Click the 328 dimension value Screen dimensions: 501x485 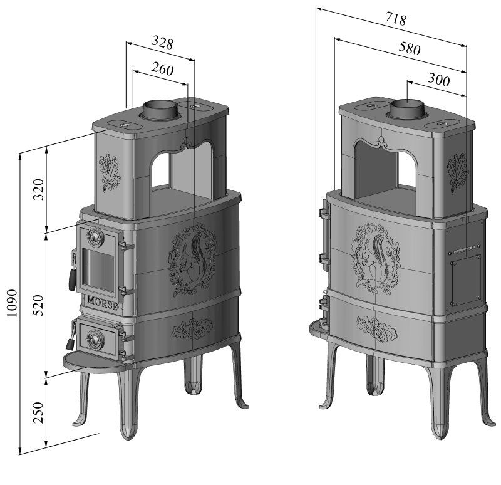[x=162, y=43]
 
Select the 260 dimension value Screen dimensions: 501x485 [x=163, y=69]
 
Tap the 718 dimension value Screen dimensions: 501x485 [x=396, y=19]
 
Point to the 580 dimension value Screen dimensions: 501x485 [x=410, y=48]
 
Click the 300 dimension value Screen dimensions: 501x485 [x=439, y=80]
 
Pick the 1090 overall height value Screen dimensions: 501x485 [x=11, y=303]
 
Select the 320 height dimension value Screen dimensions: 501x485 [x=38, y=189]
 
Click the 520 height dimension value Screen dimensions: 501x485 [x=38, y=305]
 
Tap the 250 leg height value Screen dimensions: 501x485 [x=38, y=412]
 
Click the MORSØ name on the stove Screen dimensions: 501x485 [x=103, y=303]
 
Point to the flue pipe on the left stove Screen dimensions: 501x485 [x=160, y=110]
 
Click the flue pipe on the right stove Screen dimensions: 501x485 [x=406, y=109]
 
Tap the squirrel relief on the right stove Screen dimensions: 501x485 [x=376, y=258]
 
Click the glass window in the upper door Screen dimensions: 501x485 [x=98, y=269]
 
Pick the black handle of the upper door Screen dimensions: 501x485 [x=72, y=279]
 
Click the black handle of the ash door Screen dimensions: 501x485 [x=70, y=343]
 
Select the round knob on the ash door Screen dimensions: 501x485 [x=95, y=340]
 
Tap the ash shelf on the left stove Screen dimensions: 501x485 [x=95, y=362]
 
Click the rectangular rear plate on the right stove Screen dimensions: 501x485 [x=466, y=280]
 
